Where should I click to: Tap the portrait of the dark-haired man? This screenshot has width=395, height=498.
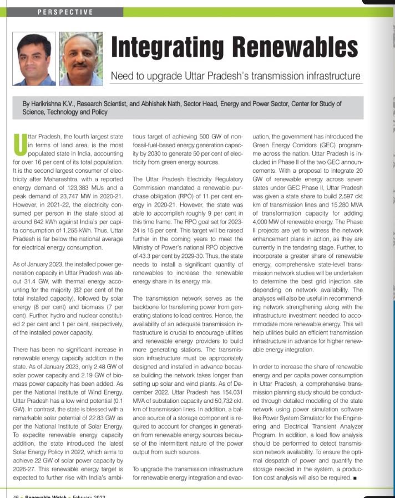pos(34,58)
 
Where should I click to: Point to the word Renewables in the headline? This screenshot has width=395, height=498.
pos(297,49)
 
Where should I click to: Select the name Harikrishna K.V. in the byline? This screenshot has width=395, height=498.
pos(59,103)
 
